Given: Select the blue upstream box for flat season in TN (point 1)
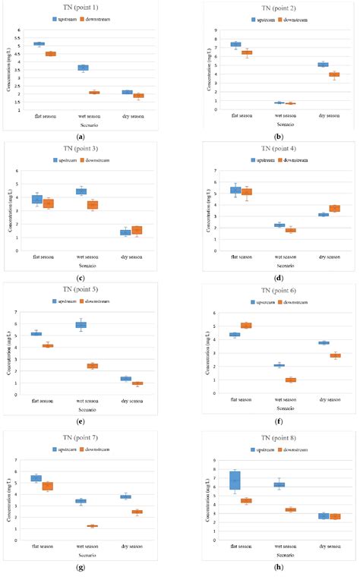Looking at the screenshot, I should click(x=39, y=44).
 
